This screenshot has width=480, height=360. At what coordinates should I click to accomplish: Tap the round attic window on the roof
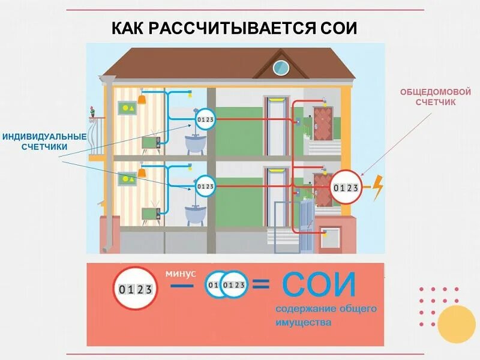[x=281, y=68]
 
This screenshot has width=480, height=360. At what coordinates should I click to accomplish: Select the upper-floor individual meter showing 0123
[x=205, y=120]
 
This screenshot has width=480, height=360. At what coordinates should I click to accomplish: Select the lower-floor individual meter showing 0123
[x=205, y=187]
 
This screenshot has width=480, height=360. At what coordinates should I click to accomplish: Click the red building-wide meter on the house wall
[x=346, y=188]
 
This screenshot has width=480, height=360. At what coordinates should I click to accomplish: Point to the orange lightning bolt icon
[x=377, y=187]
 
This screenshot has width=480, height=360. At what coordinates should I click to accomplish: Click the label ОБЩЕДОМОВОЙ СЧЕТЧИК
[x=436, y=97]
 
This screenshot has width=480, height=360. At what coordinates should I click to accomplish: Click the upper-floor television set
[x=149, y=142]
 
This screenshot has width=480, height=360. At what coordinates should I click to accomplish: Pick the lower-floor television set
[x=149, y=214]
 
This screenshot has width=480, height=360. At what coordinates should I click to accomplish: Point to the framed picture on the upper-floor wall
[x=128, y=109]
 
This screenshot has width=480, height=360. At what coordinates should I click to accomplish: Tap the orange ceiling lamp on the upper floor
[x=142, y=100]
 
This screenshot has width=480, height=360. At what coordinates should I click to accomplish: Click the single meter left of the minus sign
[x=134, y=288]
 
